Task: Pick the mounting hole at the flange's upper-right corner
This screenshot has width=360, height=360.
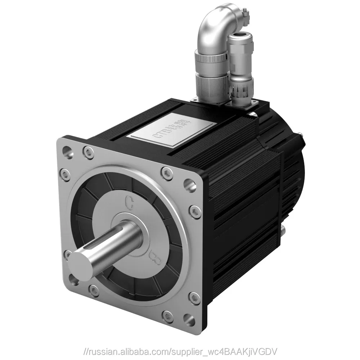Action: pos(188,184)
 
